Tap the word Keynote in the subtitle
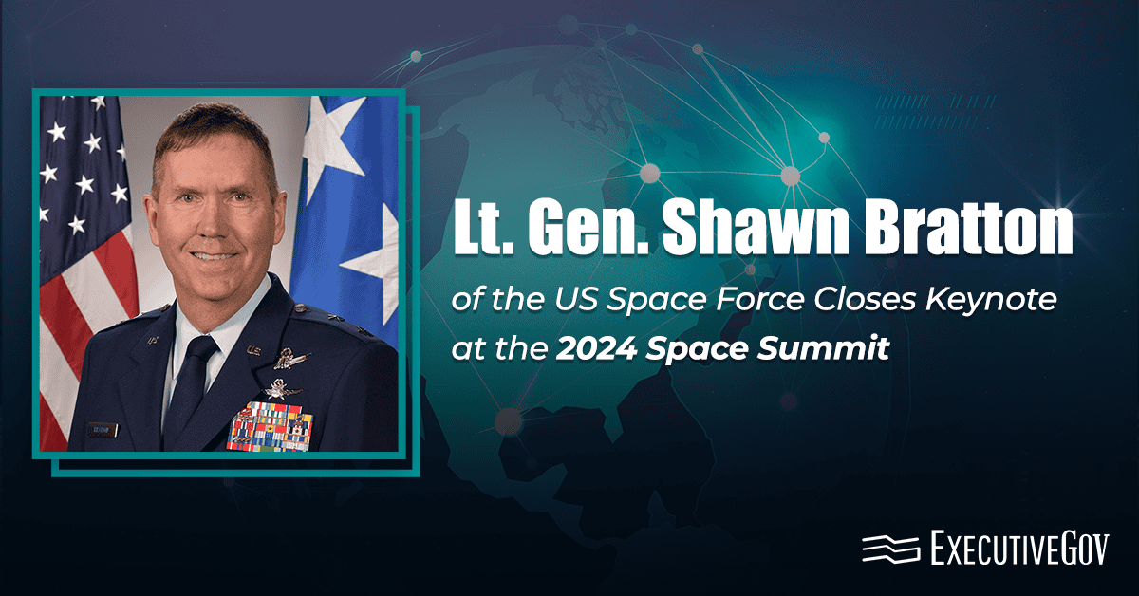point(980,303)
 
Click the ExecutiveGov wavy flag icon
point(890,549)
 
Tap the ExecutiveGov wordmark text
point(1018,549)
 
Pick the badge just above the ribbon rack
point(282,388)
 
